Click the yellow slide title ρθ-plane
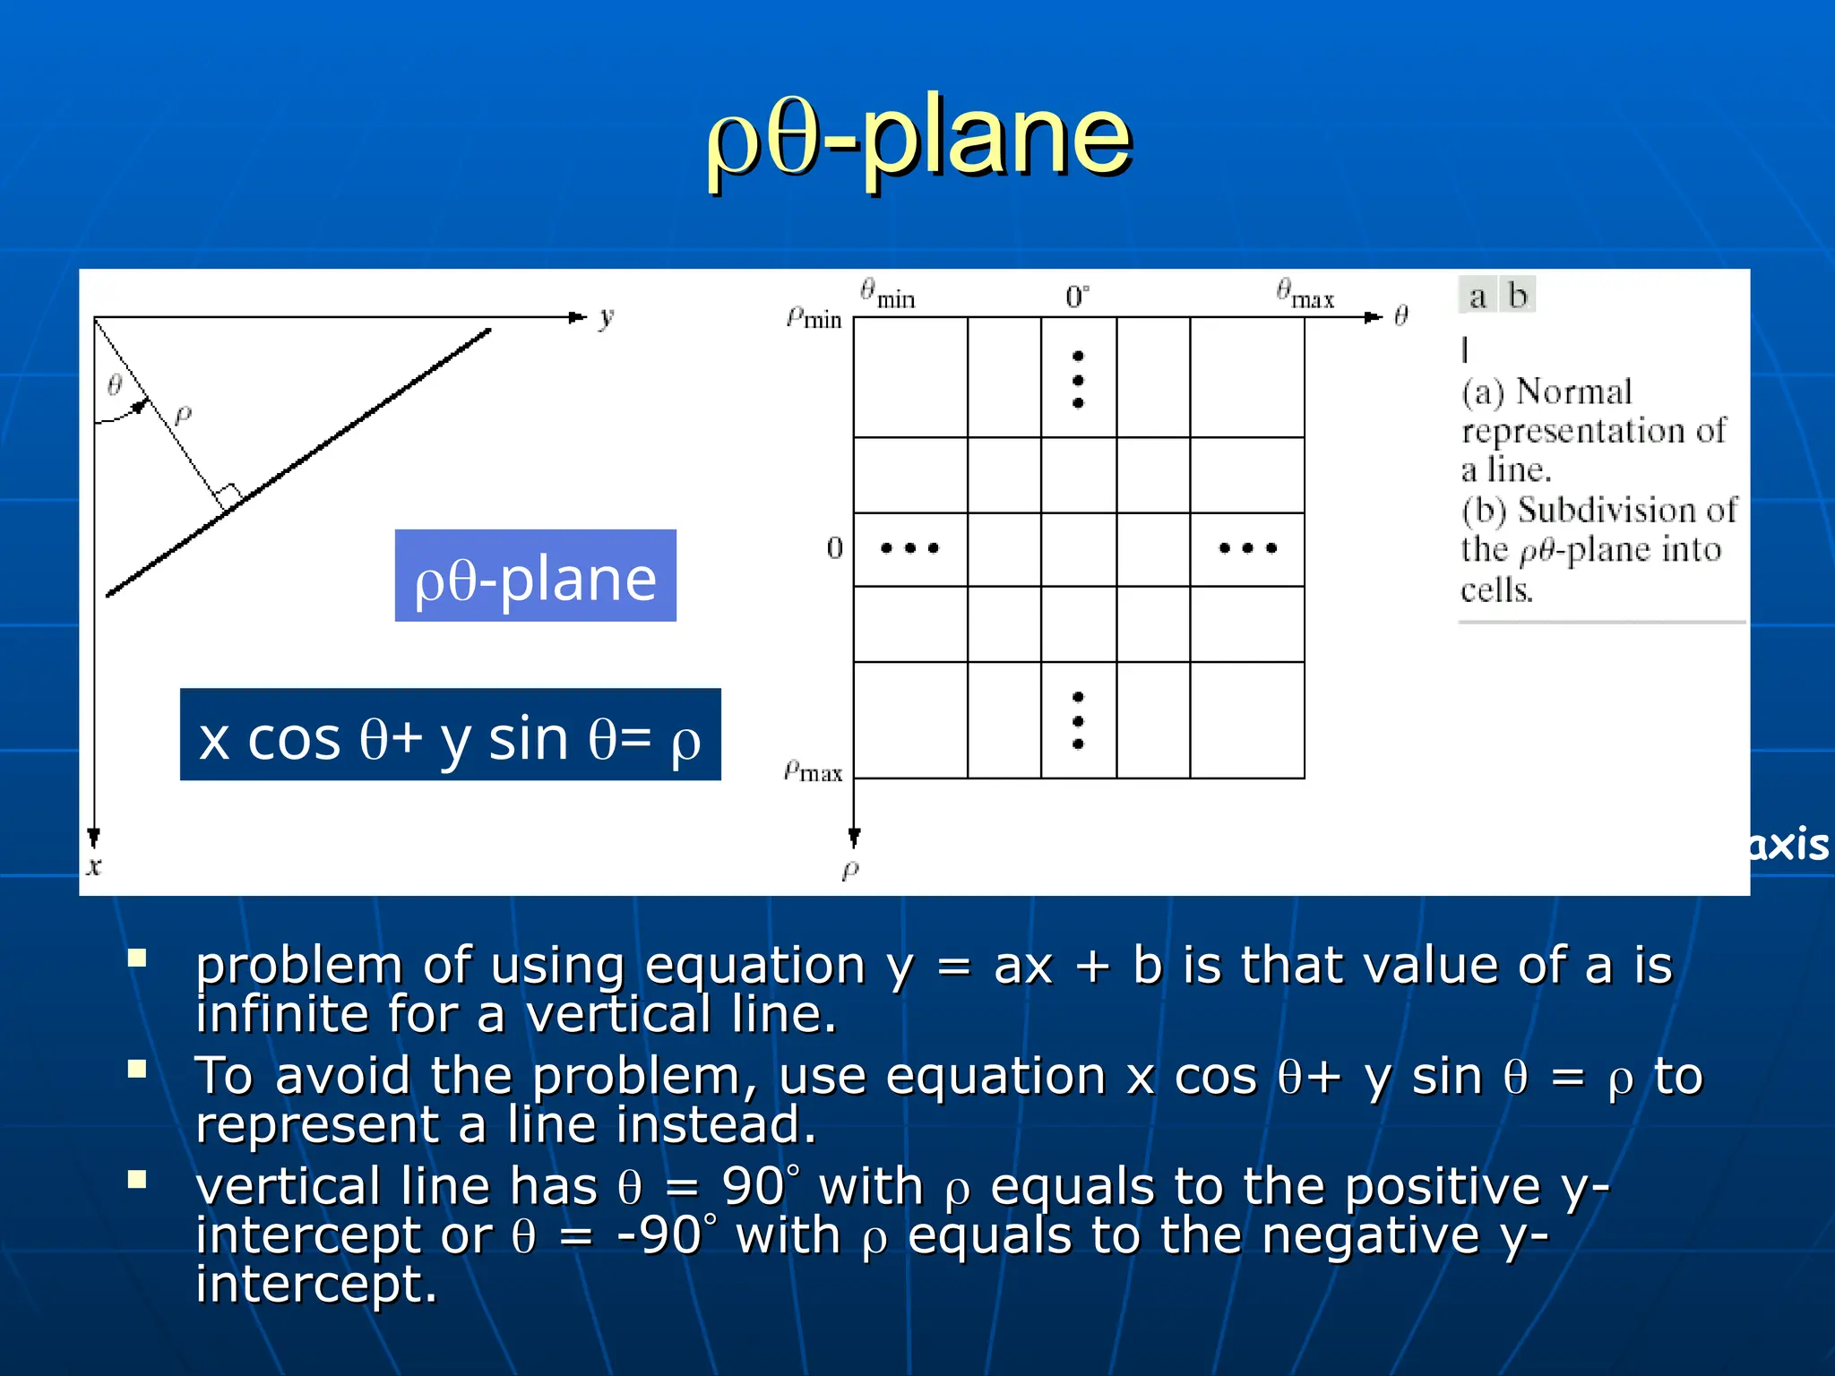919,139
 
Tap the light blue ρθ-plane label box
535,576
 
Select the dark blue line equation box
450,735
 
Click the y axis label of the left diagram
607,317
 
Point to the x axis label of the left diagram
94,866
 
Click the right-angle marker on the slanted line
230,495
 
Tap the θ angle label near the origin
115,385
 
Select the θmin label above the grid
887,294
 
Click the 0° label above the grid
1077,297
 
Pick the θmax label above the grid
1305,294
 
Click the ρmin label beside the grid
814,318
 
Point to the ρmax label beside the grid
813,771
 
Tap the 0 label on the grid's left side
835,548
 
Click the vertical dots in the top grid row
1078,380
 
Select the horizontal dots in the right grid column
1247,548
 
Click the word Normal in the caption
1573,392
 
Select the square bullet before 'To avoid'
137,1069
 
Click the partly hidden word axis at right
1788,845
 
